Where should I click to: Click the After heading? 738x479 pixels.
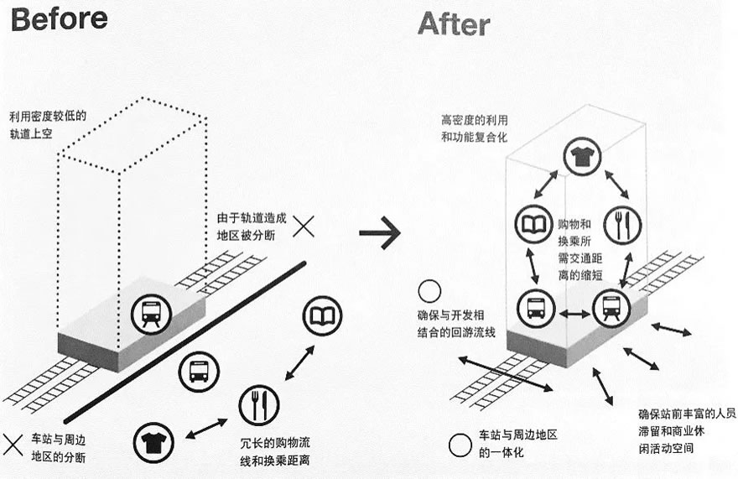coord(454,23)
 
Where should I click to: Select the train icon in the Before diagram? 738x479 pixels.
coord(152,314)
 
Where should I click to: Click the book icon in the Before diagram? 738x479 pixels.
coord(320,315)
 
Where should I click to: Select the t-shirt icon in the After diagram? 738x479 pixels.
coord(579,157)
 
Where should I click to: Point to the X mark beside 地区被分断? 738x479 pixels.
coord(304,225)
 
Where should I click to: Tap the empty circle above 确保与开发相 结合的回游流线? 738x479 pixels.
coord(430,291)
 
